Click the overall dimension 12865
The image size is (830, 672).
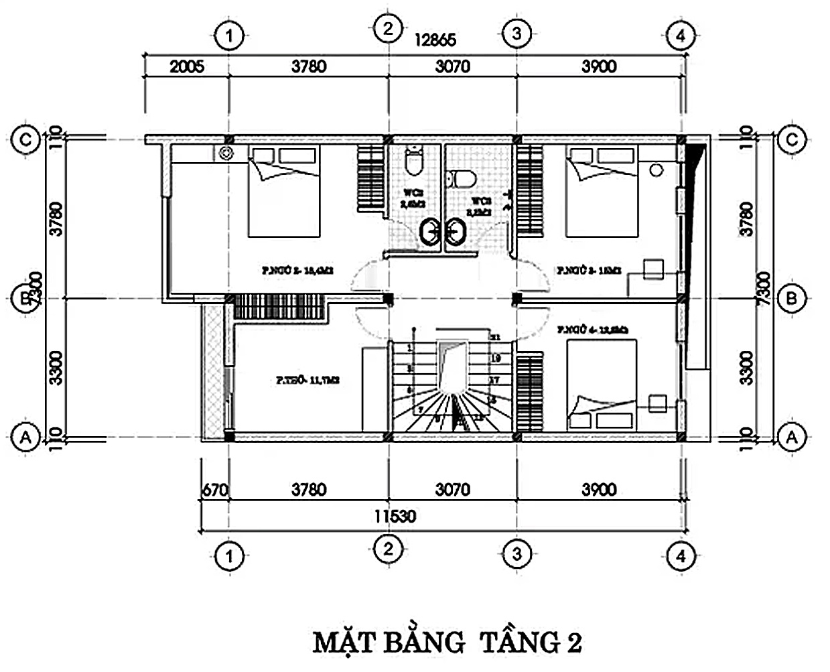coord(435,40)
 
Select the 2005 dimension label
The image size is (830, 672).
coord(186,66)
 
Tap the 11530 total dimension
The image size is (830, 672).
coord(395,516)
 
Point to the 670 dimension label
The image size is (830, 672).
coord(214,490)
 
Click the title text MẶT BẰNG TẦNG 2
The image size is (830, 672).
coord(447,642)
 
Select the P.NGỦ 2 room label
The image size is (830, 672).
coord(297,271)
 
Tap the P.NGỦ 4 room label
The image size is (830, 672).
coord(591,330)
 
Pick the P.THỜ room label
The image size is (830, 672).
coord(307,380)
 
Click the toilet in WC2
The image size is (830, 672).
coord(413,160)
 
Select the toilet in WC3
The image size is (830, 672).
coord(462,178)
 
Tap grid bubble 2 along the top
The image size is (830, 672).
coord(388,28)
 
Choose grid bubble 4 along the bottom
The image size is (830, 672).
coord(681,555)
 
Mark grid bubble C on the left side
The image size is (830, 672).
coord(26,139)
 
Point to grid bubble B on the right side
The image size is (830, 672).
coord(792,297)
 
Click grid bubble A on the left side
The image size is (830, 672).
coord(26,438)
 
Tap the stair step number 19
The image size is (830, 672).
coord(496,359)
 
